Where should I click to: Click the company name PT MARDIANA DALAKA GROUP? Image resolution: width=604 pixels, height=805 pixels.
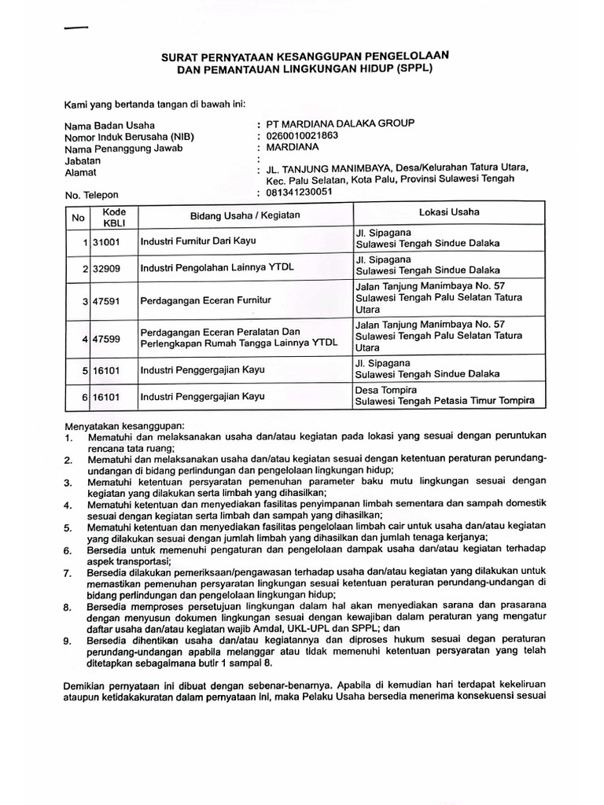[x=340, y=123]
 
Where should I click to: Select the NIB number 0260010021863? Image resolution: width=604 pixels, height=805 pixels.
[x=303, y=135]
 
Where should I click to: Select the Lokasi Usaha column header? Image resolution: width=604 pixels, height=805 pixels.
[x=449, y=211]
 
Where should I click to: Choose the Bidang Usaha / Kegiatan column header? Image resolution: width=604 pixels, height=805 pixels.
[x=245, y=215]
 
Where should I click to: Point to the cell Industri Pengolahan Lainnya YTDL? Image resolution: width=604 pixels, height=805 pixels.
[x=216, y=268]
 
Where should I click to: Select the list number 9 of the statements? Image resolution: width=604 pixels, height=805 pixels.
[x=68, y=641]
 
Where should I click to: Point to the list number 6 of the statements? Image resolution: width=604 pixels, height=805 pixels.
[x=68, y=552]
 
